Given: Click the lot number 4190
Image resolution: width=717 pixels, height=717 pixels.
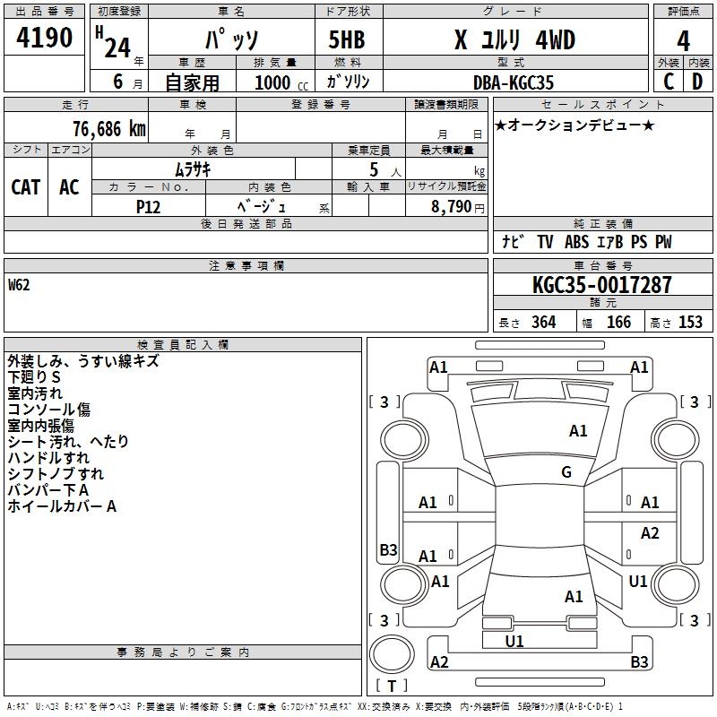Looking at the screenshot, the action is [x=45, y=39].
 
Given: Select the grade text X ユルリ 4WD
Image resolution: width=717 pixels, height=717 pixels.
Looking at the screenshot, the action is [x=514, y=40].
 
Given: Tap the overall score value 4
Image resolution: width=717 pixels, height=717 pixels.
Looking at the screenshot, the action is [x=684, y=41].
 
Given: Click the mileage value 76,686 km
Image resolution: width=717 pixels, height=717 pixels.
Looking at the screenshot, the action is [x=108, y=128].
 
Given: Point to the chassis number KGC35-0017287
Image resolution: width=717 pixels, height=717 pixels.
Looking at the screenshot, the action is [x=601, y=286].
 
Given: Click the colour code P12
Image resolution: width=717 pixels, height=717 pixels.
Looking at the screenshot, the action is [x=149, y=205].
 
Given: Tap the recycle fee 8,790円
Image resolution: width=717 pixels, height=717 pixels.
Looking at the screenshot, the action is [x=458, y=206].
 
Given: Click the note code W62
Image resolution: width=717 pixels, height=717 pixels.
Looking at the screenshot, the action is [x=20, y=286].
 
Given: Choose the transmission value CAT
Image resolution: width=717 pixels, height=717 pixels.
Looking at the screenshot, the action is [x=26, y=186].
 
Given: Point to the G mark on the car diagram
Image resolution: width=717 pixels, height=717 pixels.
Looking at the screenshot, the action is [x=566, y=472].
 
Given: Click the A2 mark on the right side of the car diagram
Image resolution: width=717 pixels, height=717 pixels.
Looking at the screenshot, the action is [x=650, y=533].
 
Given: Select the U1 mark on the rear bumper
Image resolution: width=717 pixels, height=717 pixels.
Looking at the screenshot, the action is [x=514, y=642].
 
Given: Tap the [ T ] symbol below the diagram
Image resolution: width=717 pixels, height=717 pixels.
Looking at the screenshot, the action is [x=392, y=687].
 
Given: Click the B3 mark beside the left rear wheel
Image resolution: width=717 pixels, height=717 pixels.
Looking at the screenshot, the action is [x=388, y=549].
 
